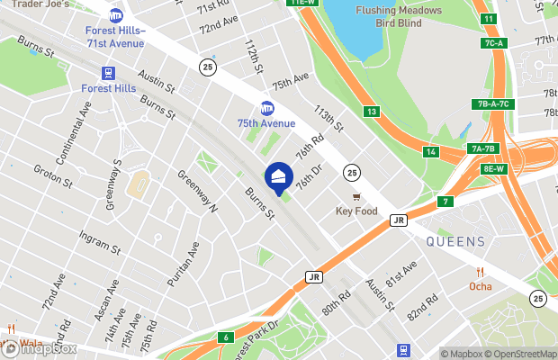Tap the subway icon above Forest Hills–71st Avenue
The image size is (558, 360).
pos(115,15)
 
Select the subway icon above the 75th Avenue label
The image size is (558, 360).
pos(266,108)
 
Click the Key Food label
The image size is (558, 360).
pos(355,211)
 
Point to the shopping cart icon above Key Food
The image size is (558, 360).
pos(355,196)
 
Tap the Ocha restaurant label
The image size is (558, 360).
pos(481,286)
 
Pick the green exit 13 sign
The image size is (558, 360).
pos(371,111)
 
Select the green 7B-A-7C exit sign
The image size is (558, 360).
pos(494,103)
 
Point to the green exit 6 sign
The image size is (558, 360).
pos(228,337)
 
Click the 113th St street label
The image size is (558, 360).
pos(328,118)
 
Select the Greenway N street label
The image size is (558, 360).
pos(198,190)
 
